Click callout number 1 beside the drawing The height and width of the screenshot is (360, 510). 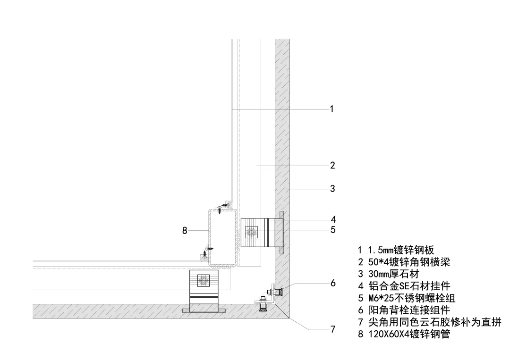tap(332, 109)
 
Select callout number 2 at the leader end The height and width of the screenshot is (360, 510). tap(332, 166)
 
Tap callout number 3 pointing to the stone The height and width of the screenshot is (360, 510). tap(332, 189)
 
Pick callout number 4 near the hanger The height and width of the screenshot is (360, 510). tap(333, 219)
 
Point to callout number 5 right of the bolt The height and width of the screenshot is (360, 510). tap(333, 230)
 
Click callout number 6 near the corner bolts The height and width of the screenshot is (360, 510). tap(333, 283)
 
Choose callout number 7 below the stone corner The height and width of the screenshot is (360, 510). tap(333, 329)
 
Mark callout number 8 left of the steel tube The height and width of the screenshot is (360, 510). tap(185, 230)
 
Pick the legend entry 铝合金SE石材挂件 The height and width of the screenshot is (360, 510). tap(409, 286)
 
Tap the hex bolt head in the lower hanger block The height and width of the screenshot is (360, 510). tap(204, 281)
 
